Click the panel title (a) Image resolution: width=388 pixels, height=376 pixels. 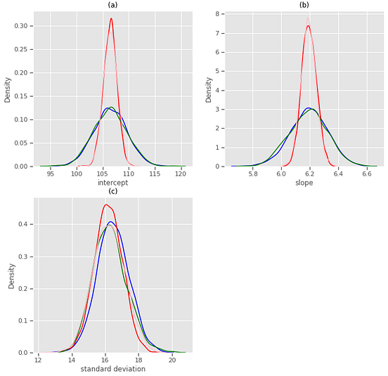coord(112,5)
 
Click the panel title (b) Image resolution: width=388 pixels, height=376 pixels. coord(304,5)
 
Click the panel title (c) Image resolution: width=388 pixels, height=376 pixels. coord(112,191)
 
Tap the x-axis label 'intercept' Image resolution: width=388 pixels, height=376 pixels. coord(112,183)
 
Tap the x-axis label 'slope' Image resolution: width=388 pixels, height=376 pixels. coord(304,183)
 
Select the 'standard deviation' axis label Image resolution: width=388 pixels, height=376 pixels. coord(112,369)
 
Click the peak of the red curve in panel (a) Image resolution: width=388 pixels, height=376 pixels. coord(111,19)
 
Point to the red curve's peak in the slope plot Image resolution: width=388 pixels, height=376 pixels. coord(308,25)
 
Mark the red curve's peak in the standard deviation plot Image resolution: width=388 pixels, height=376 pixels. coord(106,205)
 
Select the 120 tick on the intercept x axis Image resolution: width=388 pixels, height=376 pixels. coord(181,174)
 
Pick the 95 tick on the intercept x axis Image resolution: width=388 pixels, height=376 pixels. coord(51,174)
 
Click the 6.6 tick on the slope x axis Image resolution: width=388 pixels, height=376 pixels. coord(367,174)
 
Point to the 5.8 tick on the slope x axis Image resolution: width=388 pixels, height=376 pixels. coord(253,174)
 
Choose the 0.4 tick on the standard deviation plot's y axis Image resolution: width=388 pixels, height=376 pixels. coord(24,225)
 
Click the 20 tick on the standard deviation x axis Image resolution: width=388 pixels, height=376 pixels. coord(172,360)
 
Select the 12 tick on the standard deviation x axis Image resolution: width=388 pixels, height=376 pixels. coord(38,360)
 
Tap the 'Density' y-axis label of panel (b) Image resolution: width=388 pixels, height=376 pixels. coord(209,90)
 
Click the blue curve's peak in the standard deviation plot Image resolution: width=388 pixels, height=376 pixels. coord(110,221)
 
